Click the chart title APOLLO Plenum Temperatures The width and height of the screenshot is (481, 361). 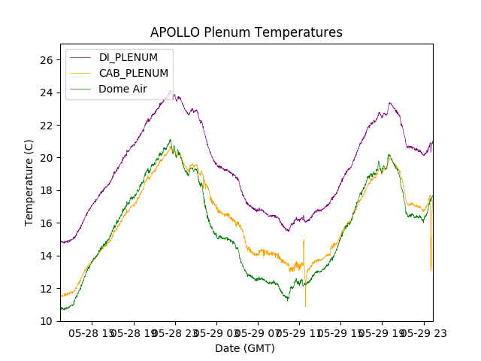tap(246, 32)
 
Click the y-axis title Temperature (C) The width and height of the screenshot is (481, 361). tap(29, 183)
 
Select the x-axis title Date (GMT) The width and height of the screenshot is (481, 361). tap(245, 348)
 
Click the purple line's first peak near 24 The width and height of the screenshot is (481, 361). tap(171, 91)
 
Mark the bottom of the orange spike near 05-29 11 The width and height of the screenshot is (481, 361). tap(305, 305)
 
